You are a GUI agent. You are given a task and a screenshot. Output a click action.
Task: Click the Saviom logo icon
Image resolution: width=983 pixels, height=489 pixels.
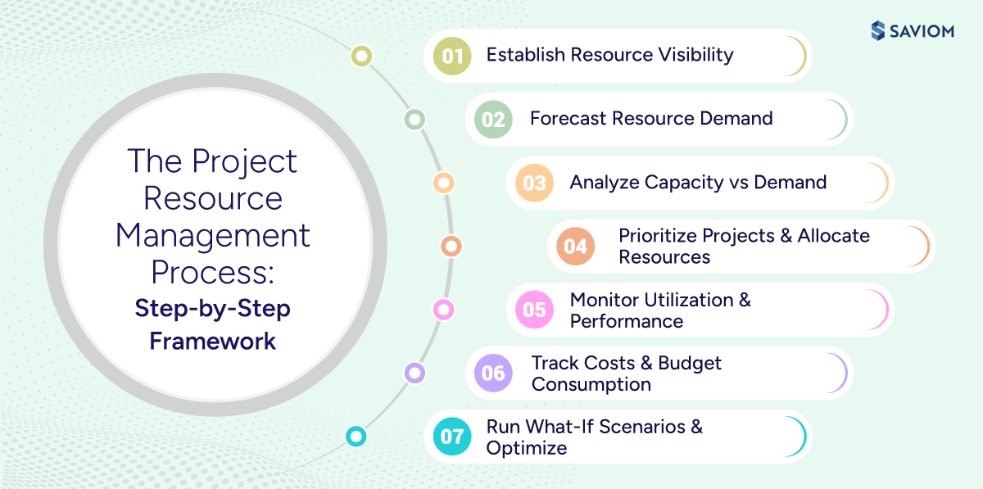(x=878, y=30)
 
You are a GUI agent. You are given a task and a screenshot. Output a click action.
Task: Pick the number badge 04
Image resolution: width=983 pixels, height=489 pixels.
(x=576, y=247)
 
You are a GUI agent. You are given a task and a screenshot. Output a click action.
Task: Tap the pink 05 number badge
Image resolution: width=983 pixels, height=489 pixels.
(x=534, y=310)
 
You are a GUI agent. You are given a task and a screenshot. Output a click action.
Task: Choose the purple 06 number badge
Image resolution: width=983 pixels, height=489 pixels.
(x=493, y=374)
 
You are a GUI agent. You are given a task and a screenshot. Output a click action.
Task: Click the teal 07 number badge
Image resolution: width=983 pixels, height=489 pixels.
(x=452, y=437)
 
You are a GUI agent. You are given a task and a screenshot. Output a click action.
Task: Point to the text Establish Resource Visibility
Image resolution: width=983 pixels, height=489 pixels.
(x=609, y=55)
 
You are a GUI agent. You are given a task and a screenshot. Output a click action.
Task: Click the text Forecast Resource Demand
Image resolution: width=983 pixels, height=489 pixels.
(x=651, y=118)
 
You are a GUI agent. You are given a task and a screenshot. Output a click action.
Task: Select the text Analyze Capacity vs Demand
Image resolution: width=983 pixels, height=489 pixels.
(x=698, y=182)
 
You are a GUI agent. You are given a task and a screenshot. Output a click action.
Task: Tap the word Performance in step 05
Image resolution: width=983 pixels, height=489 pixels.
(x=626, y=321)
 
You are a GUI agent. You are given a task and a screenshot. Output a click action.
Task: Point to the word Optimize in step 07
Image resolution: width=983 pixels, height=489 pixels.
(x=526, y=448)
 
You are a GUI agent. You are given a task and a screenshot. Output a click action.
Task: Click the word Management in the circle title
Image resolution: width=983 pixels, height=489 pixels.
(x=213, y=236)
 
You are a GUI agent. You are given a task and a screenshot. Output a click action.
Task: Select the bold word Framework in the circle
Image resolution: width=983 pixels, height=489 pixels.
(x=213, y=340)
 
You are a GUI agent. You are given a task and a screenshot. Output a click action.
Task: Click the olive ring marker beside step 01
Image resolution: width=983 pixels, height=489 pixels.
(x=361, y=57)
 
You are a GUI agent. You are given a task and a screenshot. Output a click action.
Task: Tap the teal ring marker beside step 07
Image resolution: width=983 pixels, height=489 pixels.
(x=356, y=437)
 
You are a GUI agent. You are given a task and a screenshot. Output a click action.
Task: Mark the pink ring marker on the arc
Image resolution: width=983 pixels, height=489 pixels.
(x=443, y=310)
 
